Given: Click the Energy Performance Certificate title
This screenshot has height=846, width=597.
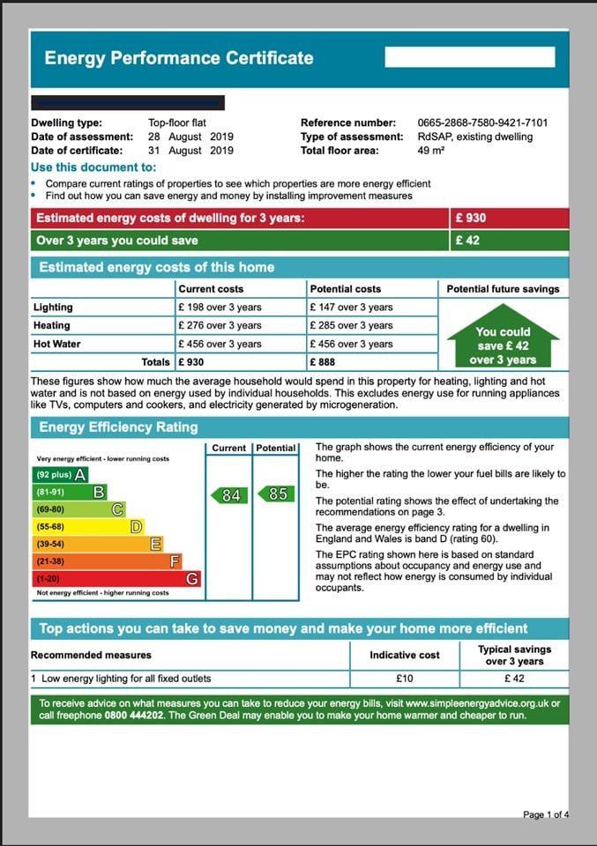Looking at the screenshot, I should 179,59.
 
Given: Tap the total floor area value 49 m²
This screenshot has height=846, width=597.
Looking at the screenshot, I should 430,151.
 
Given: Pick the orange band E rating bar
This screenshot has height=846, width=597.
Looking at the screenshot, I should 97,544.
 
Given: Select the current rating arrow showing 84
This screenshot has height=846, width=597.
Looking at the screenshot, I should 228,495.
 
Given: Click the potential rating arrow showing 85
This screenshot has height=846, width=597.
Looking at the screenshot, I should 275,494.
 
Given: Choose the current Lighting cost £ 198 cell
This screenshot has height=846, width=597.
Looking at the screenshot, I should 220,308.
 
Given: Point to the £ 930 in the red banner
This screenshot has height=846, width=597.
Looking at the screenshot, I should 471,219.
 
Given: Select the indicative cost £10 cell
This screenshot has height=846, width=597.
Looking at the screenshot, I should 406,679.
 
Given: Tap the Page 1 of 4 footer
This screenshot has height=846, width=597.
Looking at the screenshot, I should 545,815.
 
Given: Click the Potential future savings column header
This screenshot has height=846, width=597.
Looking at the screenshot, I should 503,289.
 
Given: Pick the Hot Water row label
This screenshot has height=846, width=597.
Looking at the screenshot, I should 56,344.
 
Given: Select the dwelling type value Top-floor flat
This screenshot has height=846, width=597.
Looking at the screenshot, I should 177,123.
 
